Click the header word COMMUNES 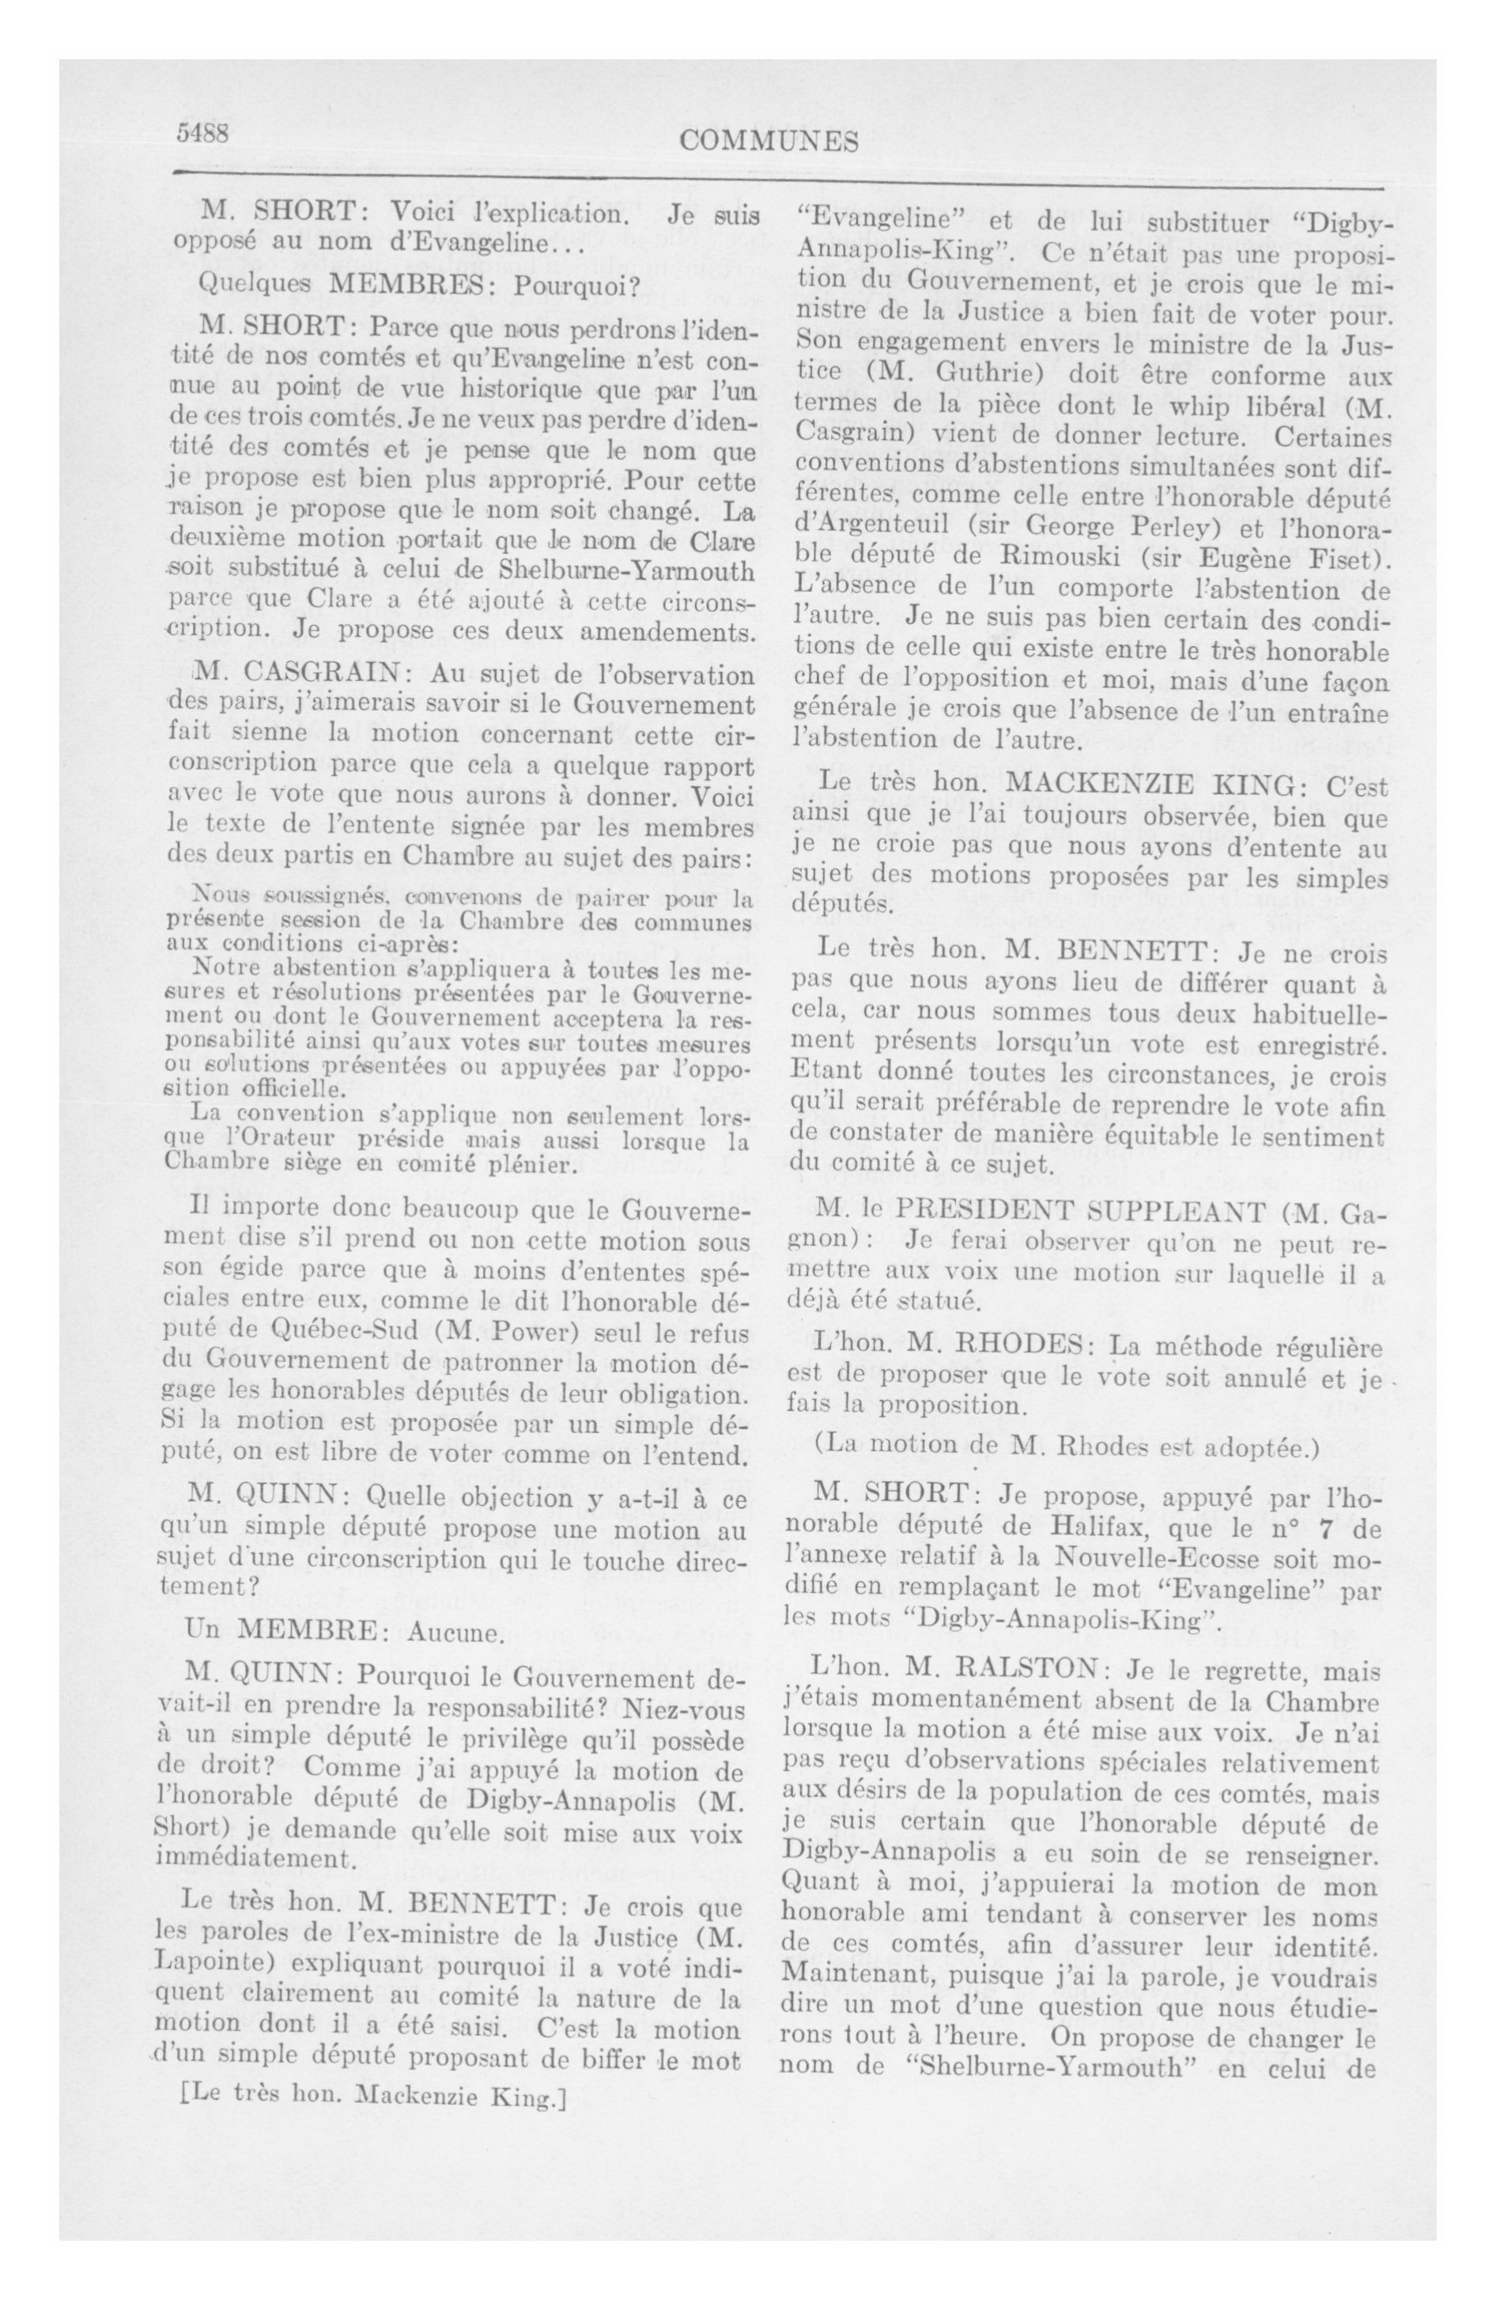coord(769,142)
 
